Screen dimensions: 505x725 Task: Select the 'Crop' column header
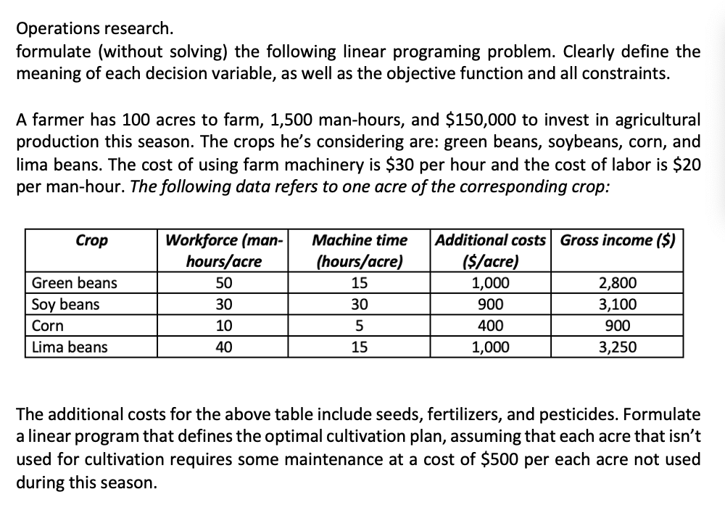(x=91, y=240)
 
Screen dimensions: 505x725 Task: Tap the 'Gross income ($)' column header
(x=617, y=240)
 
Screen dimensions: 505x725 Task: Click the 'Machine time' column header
(x=359, y=240)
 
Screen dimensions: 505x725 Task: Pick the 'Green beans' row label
(x=65, y=283)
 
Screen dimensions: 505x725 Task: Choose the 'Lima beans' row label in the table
(x=70, y=348)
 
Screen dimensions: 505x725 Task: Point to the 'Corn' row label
(x=48, y=326)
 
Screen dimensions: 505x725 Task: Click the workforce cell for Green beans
(x=223, y=283)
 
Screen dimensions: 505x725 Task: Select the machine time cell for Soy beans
(x=359, y=305)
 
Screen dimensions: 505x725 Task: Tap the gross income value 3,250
(x=617, y=348)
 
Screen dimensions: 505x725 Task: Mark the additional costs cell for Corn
(x=490, y=326)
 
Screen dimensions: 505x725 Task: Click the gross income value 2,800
(x=617, y=283)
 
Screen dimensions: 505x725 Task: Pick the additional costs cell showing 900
(x=490, y=305)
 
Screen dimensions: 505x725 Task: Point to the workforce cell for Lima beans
(x=223, y=348)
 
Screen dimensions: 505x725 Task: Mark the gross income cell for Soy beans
(x=617, y=305)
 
